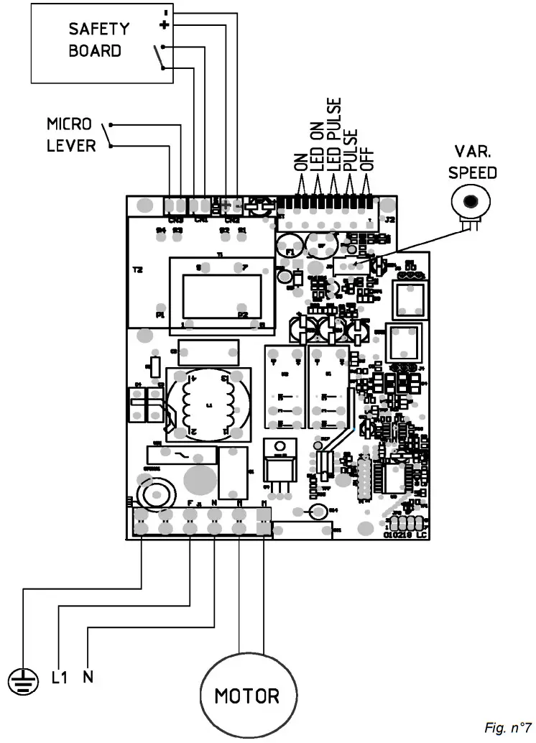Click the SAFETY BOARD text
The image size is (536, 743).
[98, 40]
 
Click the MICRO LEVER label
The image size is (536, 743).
[71, 135]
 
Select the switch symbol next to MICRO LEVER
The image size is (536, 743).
[108, 135]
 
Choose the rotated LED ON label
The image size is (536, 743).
[316, 144]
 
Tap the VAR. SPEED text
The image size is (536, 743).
[473, 162]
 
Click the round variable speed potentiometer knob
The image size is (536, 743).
[471, 201]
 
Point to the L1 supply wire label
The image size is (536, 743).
[59, 678]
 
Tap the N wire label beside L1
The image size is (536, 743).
[88, 677]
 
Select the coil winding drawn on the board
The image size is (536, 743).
[209, 405]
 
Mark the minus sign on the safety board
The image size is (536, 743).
[166, 12]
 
